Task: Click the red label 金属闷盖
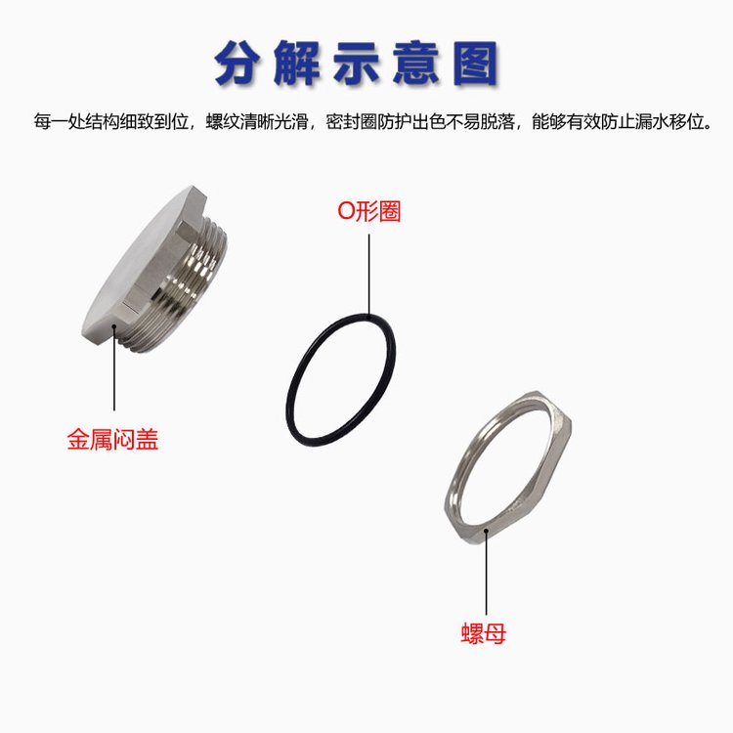pos(112,440)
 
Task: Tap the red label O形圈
pos(369,211)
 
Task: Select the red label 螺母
pos(484,633)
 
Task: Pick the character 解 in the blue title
pos(297,64)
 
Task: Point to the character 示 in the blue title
pos(357,64)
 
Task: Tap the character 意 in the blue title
pos(416,64)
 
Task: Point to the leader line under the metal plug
pos(114,367)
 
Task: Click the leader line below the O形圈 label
pos(368,276)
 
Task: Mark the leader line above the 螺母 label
pos(486,572)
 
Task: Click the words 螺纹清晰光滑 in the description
pos(257,122)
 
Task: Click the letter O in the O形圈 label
pos(346,212)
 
